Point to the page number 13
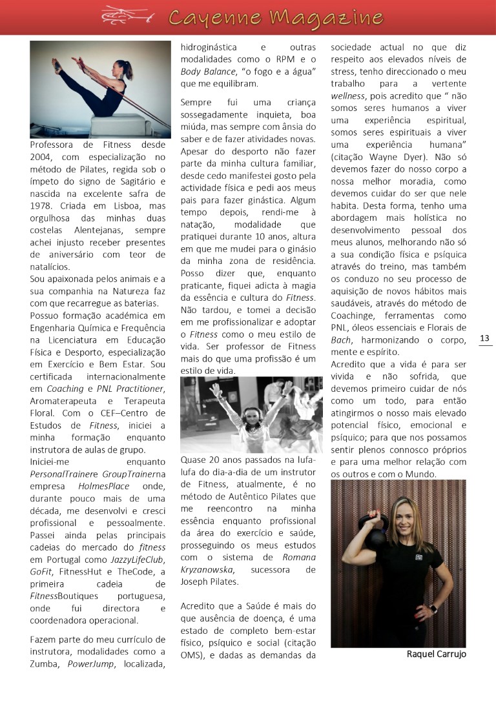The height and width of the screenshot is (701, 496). [x=485, y=338]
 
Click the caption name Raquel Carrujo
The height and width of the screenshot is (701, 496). [x=436, y=654]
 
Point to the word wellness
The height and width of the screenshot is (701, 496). [x=348, y=96]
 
